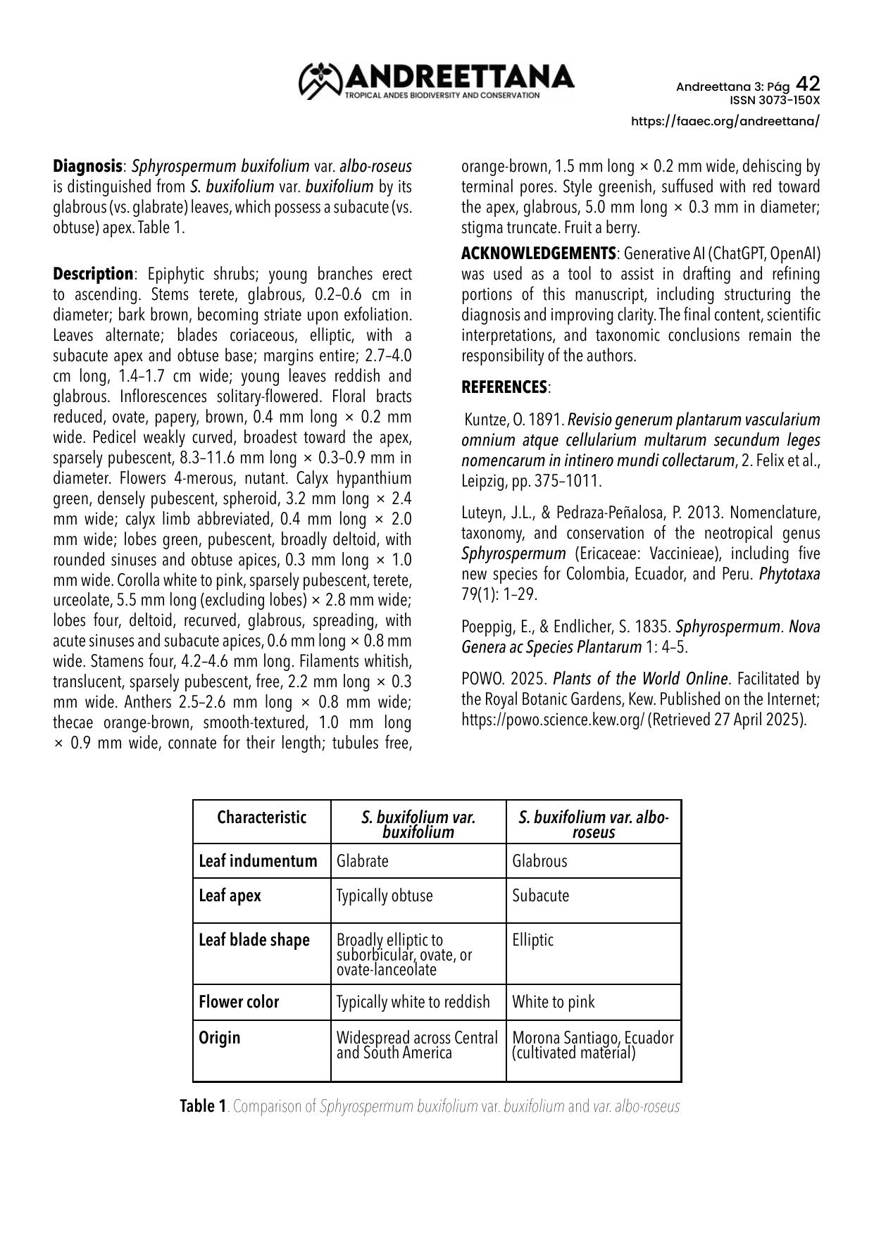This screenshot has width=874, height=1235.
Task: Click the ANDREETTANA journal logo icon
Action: point(320,80)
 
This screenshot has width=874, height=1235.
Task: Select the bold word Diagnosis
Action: point(87,167)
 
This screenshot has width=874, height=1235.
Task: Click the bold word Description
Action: point(93,273)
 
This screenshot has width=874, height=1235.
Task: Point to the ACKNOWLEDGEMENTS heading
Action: point(538,253)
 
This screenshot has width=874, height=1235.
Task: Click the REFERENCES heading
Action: point(504,387)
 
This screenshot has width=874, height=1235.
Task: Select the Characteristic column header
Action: point(261,817)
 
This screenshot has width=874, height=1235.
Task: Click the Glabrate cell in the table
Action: point(363,861)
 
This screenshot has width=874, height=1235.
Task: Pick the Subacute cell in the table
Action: point(540,896)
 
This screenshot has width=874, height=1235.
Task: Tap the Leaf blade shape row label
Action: point(254,941)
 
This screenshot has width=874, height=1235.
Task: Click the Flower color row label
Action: point(239,1002)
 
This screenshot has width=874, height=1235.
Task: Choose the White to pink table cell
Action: point(553,1002)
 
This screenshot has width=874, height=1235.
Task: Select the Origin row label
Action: point(220,1038)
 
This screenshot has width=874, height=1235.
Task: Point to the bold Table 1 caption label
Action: point(203,1106)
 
